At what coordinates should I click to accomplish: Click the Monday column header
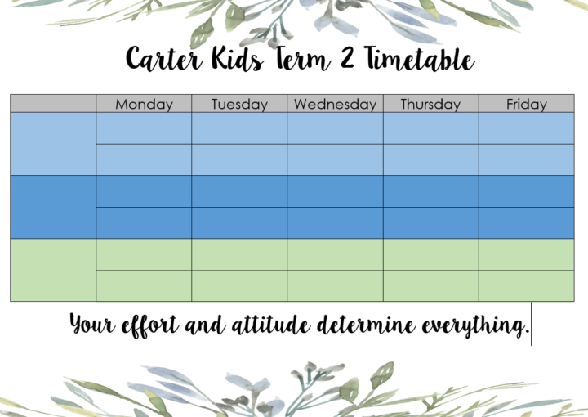[144, 104]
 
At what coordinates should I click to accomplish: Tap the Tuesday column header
[239, 104]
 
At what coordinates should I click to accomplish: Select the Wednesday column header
[336, 104]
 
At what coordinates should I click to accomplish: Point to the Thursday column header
[431, 104]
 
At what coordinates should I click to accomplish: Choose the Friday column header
[527, 104]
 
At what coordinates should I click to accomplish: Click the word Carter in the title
[164, 58]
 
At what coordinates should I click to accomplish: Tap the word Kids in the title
[238, 58]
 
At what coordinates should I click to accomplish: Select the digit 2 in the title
[347, 57]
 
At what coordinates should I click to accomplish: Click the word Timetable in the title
[420, 58]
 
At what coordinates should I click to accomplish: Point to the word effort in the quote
[149, 325]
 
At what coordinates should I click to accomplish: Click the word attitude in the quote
[271, 325]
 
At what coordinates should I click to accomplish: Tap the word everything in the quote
[475, 325]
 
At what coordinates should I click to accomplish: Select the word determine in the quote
[366, 325]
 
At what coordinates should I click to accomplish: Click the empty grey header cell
[53, 103]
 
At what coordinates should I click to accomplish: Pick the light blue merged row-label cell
[53, 144]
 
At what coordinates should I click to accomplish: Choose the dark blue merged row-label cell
[53, 207]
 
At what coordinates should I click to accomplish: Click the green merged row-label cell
[53, 270]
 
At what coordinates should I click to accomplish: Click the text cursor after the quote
[532, 324]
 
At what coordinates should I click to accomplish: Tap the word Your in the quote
[92, 324]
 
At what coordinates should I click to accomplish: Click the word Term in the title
[303, 58]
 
